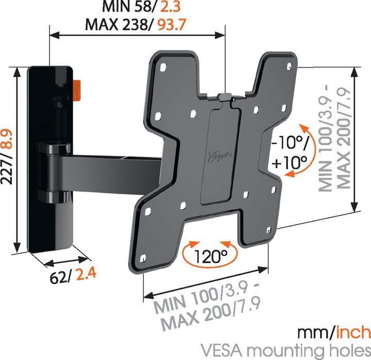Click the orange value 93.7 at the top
point(172,25)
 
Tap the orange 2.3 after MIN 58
point(171,7)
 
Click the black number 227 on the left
point(7,169)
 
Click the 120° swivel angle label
point(211,256)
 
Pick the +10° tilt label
point(290,162)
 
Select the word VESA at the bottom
point(222,350)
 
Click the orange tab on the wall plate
point(77,91)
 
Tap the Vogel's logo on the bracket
point(217,156)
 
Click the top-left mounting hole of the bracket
point(163,67)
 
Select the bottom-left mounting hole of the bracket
point(143,259)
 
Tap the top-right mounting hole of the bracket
point(289,66)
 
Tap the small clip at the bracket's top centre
point(225,97)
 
